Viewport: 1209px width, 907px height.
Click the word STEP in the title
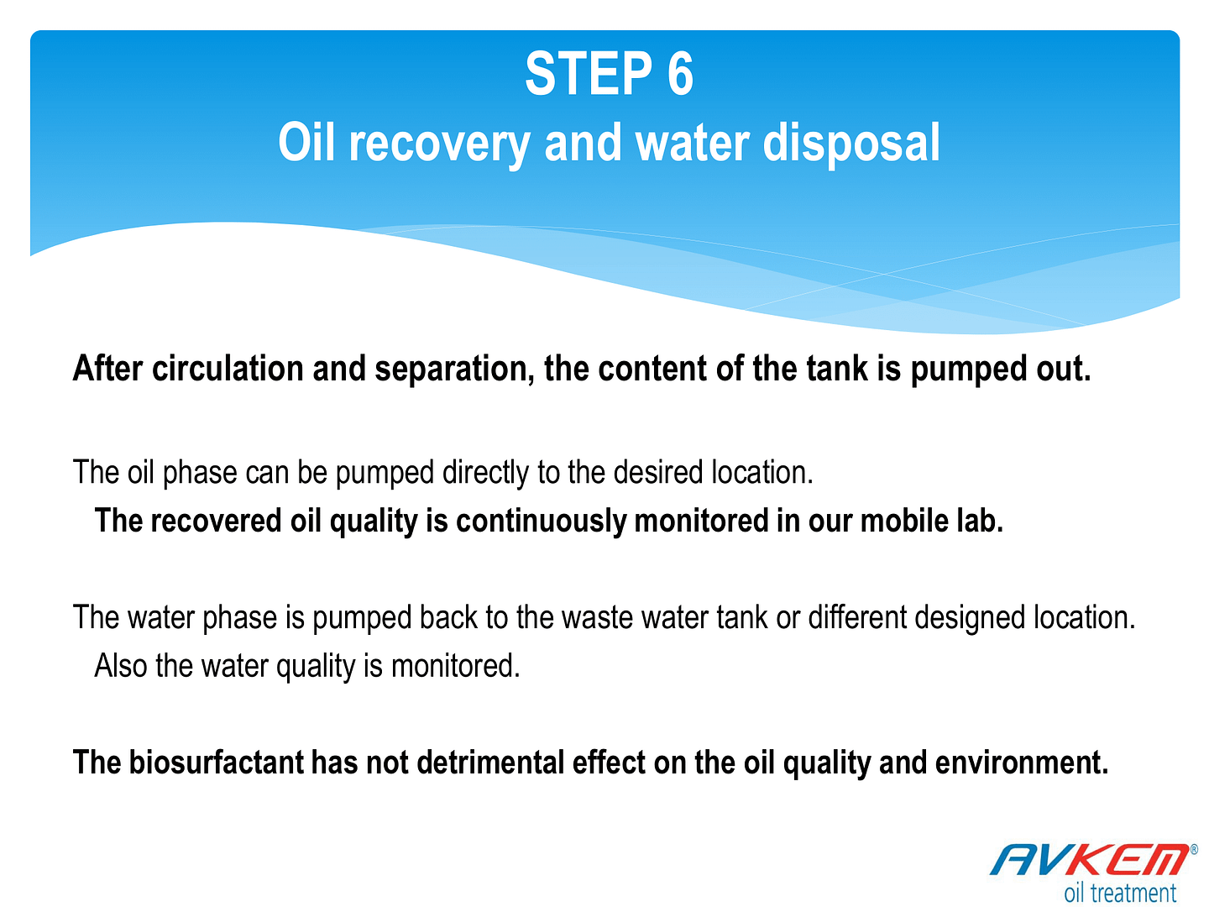[589, 74]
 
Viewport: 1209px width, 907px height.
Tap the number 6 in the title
[680, 74]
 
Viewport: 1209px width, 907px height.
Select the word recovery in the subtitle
[439, 144]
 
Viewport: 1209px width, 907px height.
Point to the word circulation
[228, 368]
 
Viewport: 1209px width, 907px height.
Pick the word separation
[454, 370]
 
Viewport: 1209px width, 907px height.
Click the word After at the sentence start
[108, 368]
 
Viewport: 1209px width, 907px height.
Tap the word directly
[484, 473]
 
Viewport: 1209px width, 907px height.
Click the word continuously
[541, 522]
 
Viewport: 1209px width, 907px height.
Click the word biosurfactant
[216, 763]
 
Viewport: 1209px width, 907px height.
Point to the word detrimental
[490, 763]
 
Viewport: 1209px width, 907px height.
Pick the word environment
[1022, 763]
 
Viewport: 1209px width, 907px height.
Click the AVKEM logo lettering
[1091, 859]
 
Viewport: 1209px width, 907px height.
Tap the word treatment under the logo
[1133, 893]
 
